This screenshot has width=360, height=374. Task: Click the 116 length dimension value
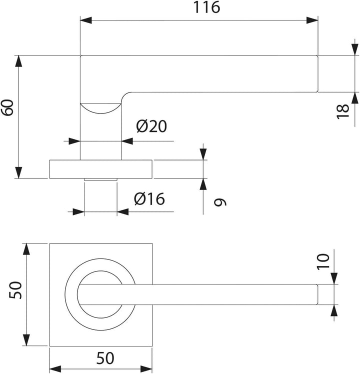pyautogui.click(x=206, y=7)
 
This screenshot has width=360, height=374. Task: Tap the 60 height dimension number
pyautogui.click(x=7, y=107)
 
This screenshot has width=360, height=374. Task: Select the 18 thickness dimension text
pyautogui.click(x=342, y=111)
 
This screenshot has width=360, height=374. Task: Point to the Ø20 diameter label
pyautogui.click(x=151, y=126)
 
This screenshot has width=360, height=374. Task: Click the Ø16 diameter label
pyautogui.click(x=149, y=198)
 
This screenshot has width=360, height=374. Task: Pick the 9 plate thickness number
pyautogui.click(x=220, y=202)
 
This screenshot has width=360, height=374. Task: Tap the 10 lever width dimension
pyautogui.click(x=323, y=262)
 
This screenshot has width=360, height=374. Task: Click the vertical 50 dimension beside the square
pyautogui.click(x=15, y=290)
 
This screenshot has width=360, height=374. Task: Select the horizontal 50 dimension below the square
pyautogui.click(x=105, y=358)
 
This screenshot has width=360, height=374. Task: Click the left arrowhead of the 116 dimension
pyautogui.click(x=86, y=20)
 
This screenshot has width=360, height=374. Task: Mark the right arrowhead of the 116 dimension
pyautogui.click(x=312, y=20)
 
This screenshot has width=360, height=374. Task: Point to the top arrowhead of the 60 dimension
pyautogui.click(x=18, y=61)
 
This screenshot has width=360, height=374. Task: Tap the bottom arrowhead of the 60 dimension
pyautogui.click(x=18, y=172)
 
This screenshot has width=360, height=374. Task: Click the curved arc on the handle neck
pyautogui.click(x=100, y=111)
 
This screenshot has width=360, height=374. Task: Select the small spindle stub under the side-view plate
pyautogui.click(x=100, y=179)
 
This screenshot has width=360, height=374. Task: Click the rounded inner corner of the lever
pyautogui.click(x=124, y=95)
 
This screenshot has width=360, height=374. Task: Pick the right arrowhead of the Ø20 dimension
pyautogui.click(x=127, y=141)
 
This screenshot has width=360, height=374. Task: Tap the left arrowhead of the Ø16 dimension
pyautogui.click(x=78, y=211)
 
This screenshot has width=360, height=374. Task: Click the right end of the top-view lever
pyautogui.click(x=317, y=294)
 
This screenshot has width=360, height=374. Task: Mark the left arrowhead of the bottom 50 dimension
pyautogui.click(x=55, y=369)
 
